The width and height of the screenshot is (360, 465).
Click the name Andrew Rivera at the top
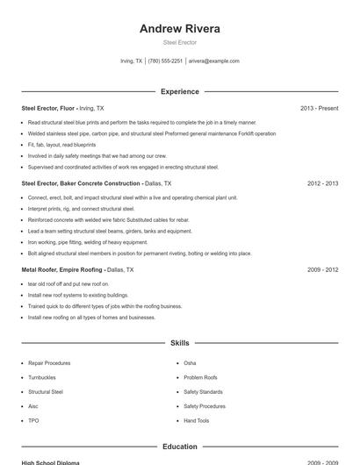coord(180,28)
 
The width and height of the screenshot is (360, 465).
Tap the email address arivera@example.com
coord(213,61)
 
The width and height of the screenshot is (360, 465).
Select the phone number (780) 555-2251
coord(165,61)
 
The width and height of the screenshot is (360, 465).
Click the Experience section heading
coord(180,91)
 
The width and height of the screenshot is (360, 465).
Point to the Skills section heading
coord(180,342)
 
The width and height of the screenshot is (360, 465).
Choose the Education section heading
coord(180,447)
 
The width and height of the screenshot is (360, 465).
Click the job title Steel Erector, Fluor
coord(48,108)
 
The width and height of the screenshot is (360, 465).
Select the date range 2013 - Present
coord(319,108)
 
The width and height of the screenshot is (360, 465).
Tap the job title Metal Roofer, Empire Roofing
coord(62,270)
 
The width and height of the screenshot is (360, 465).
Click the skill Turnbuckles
coord(44,377)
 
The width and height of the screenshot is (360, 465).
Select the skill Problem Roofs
coord(201,377)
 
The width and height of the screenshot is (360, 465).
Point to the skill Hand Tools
coord(197,421)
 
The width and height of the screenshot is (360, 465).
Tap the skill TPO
coord(33,421)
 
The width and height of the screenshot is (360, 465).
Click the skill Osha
coord(190,362)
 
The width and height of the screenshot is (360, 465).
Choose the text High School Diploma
coord(50,462)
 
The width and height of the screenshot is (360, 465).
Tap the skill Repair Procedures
coord(49,362)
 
